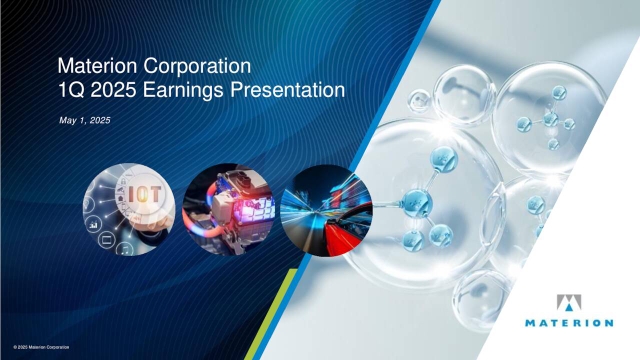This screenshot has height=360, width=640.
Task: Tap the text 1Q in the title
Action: point(73,91)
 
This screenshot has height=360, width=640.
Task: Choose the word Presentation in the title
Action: point(289,91)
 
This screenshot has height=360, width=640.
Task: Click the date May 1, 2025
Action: point(84,121)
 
